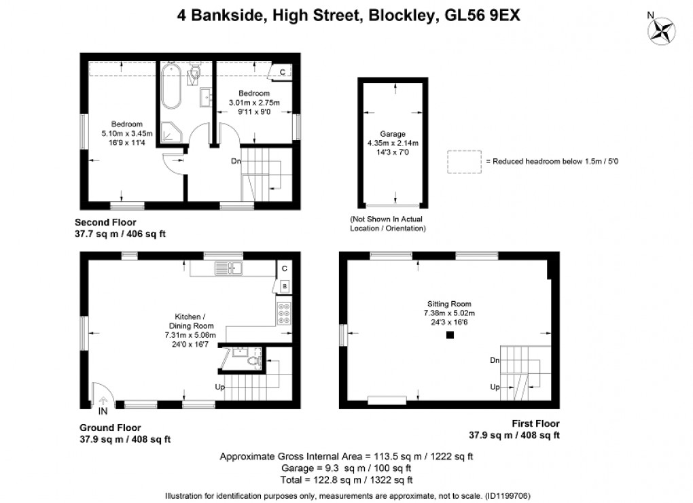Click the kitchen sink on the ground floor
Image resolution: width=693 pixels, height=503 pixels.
click(228, 268)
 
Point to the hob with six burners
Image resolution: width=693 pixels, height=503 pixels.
click(284, 313)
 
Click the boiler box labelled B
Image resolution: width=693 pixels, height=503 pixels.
click(285, 286)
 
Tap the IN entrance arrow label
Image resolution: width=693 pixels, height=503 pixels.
click(103, 411)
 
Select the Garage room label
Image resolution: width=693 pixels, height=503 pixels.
click(393, 133)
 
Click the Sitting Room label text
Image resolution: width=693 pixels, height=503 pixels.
click(449, 304)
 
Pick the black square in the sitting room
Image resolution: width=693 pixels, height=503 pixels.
click(450, 335)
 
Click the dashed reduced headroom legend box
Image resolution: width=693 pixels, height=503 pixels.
click(464, 162)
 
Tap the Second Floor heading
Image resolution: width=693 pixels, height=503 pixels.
click(105, 222)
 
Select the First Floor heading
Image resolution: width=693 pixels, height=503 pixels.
click(535, 423)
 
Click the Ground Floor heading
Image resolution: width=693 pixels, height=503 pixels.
click(110, 428)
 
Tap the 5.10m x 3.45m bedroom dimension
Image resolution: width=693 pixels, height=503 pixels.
click(127, 133)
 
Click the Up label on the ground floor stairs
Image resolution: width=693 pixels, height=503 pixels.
click(219, 387)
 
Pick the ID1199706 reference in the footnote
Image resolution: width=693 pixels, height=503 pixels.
click(508, 496)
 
